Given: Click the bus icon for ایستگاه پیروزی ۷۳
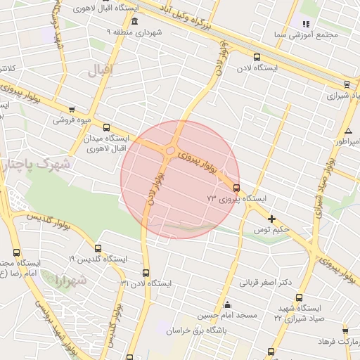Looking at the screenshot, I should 236,188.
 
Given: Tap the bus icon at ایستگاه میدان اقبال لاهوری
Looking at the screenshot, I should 107,128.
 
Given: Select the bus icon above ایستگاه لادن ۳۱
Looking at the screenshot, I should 146,273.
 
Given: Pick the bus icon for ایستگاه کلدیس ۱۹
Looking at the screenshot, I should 98,248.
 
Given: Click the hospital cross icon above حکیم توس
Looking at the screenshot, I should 272,219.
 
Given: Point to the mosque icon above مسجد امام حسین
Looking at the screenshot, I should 226,305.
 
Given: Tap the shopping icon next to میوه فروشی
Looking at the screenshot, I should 72,108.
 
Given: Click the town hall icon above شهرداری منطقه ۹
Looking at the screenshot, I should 134,22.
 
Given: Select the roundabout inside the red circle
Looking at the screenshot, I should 171,150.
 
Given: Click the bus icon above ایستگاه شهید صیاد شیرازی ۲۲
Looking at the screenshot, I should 300,297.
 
